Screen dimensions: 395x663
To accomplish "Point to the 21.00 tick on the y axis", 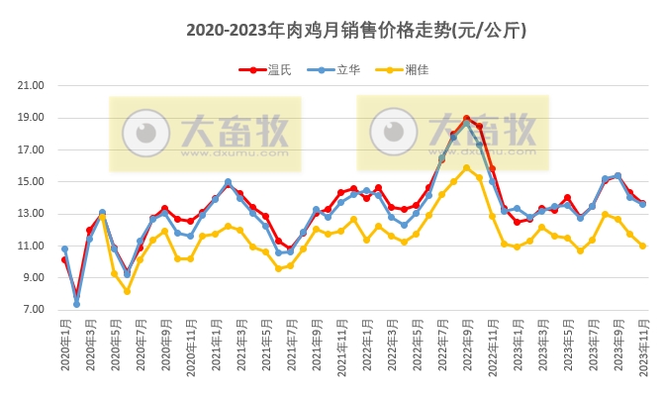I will point(32,85).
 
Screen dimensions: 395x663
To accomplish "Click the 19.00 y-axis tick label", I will point(32,118).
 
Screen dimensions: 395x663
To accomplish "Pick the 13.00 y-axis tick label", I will point(32,214).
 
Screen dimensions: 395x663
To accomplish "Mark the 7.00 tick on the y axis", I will point(34,310).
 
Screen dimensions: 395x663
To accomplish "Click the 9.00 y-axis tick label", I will point(34,278).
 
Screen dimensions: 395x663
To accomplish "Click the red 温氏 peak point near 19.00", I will point(467,119).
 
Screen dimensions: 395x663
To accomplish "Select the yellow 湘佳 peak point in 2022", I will point(467,167).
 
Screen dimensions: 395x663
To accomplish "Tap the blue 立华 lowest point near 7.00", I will point(76,304).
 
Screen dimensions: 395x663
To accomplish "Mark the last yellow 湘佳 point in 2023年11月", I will point(643,246).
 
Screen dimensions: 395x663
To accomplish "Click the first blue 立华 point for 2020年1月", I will point(64,249).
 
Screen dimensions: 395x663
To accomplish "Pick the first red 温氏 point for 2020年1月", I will point(64,260).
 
